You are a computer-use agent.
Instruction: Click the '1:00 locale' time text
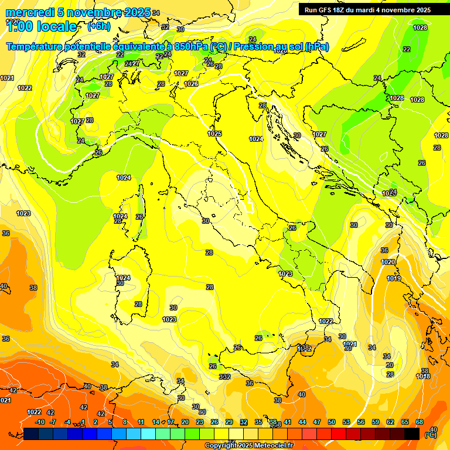[x=41, y=26]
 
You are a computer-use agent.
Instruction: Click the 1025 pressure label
[x=214, y=134]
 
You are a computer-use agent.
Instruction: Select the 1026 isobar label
[x=191, y=84]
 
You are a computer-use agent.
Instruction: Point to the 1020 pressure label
[x=388, y=262]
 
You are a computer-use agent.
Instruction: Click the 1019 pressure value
[x=394, y=278]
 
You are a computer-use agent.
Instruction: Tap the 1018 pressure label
[x=423, y=376]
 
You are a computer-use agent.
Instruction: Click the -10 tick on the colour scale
[x=40, y=422]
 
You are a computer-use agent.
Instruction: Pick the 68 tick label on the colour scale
[x=420, y=422]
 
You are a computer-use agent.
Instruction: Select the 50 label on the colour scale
[x=332, y=422]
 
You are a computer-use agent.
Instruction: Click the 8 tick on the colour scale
[x=125, y=422]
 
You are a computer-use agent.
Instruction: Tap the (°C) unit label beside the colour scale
[x=430, y=435]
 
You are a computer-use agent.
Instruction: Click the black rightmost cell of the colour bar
[x=412, y=434]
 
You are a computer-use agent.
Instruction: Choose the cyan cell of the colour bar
[x=148, y=434]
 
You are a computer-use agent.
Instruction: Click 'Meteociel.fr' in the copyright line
[x=271, y=446]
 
